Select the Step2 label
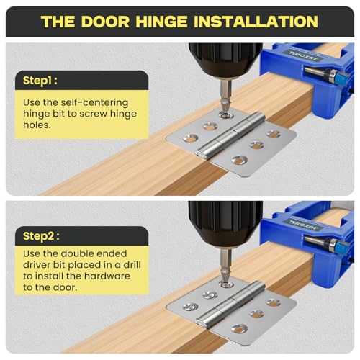tap(45, 236)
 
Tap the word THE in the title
tap(58, 21)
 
